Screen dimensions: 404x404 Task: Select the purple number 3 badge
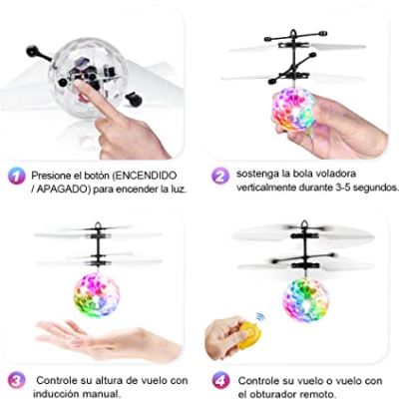[15, 380]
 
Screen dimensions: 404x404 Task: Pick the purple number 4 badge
[220, 380]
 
